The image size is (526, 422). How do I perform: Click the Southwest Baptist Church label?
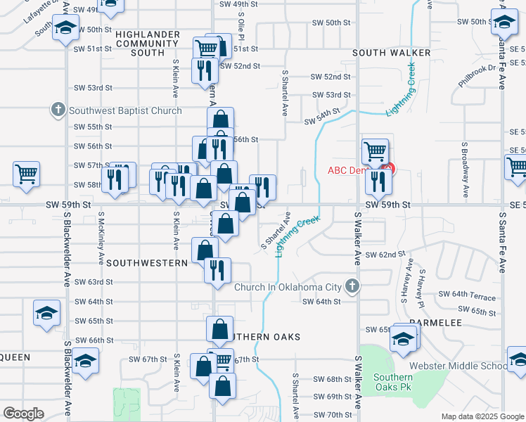124,110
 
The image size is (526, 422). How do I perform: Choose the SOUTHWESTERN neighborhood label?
146,262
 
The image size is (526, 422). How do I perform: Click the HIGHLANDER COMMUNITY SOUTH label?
148,44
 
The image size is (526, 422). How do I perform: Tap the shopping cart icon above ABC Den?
375,151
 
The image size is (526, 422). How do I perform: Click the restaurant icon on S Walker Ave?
378,182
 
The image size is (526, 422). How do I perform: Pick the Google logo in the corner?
23,414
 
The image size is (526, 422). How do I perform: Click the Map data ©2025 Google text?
482,416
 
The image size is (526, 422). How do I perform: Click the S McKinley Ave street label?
101,232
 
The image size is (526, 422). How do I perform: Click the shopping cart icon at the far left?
26,172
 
